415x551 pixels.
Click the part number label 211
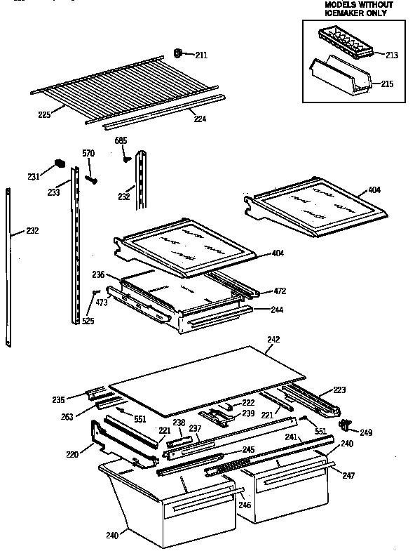200,55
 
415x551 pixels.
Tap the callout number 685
121,141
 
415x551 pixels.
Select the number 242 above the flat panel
273,339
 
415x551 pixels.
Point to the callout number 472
279,291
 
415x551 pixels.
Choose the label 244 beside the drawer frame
279,309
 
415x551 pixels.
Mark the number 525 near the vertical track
88,321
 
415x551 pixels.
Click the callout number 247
348,475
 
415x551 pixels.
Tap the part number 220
72,455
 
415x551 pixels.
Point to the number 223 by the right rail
339,390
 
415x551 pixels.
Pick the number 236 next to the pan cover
97,274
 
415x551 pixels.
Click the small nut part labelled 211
178,52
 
